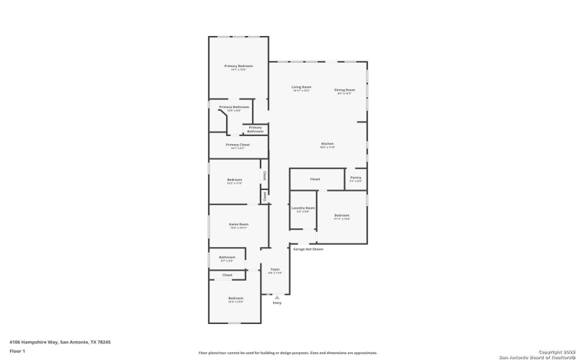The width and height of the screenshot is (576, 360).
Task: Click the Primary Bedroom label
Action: [238, 66]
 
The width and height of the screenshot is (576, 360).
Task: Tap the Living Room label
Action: [301, 87]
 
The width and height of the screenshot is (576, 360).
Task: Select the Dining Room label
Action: [345, 90]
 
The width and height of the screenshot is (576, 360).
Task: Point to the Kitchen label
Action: [328, 144]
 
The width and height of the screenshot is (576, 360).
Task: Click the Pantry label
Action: [356, 178]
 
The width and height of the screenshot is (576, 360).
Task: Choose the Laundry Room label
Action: [303, 208]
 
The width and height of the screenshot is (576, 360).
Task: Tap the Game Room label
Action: [238, 225]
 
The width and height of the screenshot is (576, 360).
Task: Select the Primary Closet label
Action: [238, 145]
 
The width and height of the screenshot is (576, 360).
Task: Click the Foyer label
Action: [275, 269]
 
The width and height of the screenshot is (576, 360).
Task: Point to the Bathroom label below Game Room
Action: [228, 257]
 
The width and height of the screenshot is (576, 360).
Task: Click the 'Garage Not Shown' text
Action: [308, 249]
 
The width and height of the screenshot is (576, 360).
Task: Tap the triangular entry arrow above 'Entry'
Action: [276, 297]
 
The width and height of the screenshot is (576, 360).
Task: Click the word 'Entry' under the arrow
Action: [276, 303]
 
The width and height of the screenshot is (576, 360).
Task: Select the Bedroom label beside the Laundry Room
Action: [342, 215]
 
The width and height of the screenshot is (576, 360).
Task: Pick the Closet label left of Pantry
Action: [315, 179]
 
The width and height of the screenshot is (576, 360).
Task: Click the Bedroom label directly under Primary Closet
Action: [235, 180]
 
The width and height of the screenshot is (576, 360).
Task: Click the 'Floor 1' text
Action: [17, 351]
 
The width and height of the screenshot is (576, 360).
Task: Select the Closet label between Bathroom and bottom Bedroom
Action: [227, 275]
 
